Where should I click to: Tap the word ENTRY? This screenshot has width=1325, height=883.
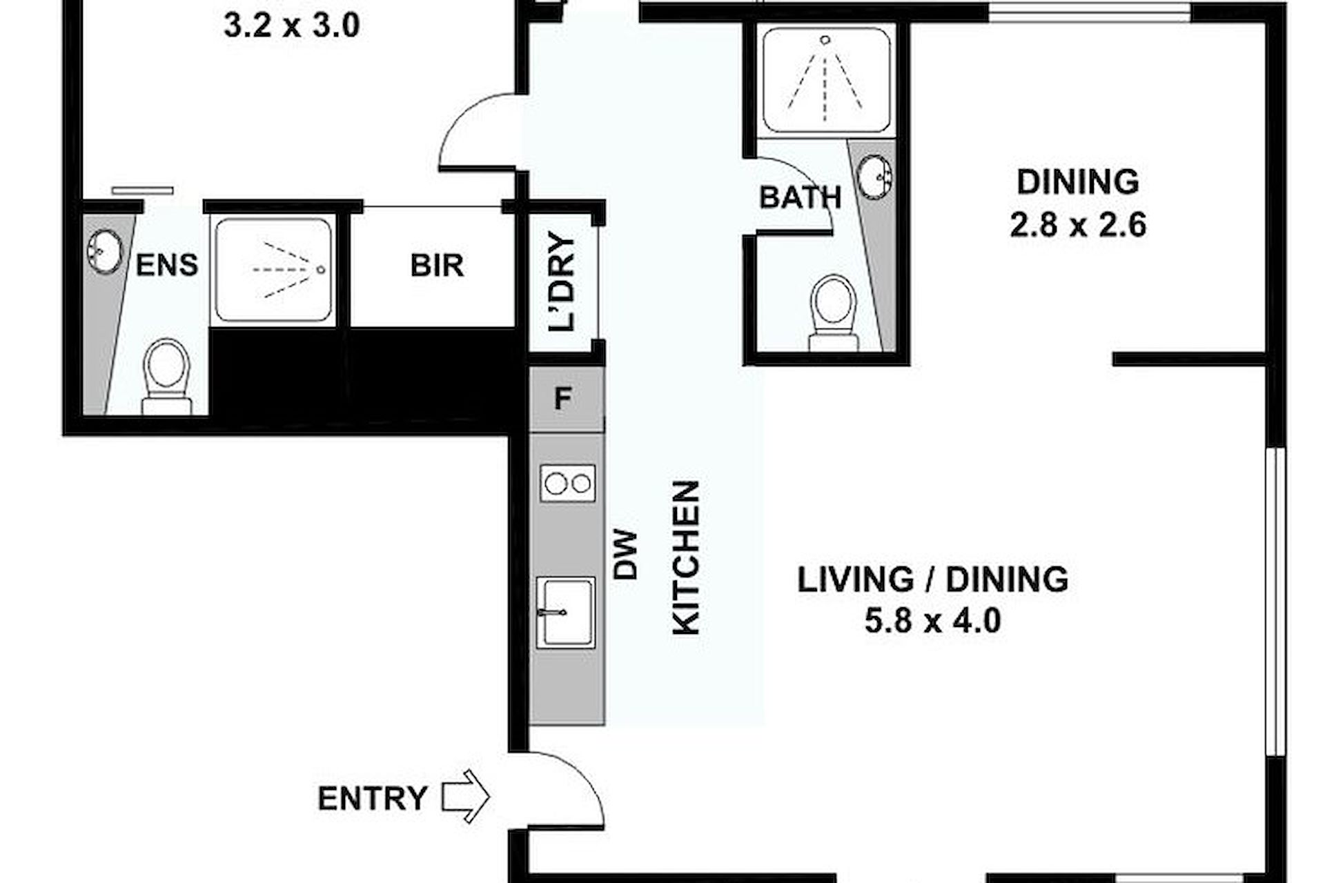pyautogui.click(x=372, y=798)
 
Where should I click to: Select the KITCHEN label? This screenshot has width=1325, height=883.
pyautogui.click(x=687, y=557)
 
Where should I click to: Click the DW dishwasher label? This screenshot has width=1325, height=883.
pyautogui.click(x=626, y=554)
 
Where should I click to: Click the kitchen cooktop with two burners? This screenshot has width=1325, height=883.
pyautogui.click(x=567, y=484)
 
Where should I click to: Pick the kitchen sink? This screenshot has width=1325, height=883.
pyautogui.click(x=566, y=612)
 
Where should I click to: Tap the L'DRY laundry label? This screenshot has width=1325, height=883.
pyautogui.click(x=562, y=283)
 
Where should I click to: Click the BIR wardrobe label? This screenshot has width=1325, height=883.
pyautogui.click(x=437, y=266)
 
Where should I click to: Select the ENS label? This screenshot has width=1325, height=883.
pyautogui.click(x=167, y=265)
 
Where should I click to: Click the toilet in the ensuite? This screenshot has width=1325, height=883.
pyautogui.click(x=166, y=377)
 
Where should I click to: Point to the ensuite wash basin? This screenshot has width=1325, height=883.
pyautogui.click(x=105, y=250)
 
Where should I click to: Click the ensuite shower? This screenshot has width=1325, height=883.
pyautogui.click(x=274, y=270)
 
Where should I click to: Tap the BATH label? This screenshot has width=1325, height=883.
pyautogui.click(x=801, y=197)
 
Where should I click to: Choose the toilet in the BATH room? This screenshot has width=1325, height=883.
pyautogui.click(x=834, y=313)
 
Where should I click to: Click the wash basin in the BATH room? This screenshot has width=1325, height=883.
pyautogui.click(x=876, y=177)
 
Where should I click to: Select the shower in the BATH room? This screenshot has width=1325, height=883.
pyautogui.click(x=826, y=80)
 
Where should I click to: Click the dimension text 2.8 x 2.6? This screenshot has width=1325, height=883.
pyautogui.click(x=1078, y=225)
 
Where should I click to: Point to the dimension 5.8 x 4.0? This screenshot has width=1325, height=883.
pyautogui.click(x=933, y=621)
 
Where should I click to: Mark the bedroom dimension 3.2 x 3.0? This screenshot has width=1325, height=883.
pyautogui.click(x=292, y=26)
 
